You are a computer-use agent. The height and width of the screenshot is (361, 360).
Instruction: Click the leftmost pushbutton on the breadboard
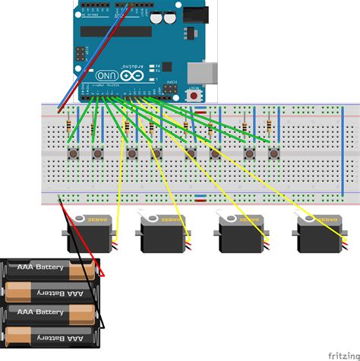(73, 154)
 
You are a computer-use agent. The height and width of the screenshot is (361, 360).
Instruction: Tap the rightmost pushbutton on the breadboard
(273, 154)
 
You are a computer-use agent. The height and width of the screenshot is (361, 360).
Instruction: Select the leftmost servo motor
(90, 233)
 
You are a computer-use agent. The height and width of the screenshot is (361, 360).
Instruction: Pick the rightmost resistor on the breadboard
(270, 125)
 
